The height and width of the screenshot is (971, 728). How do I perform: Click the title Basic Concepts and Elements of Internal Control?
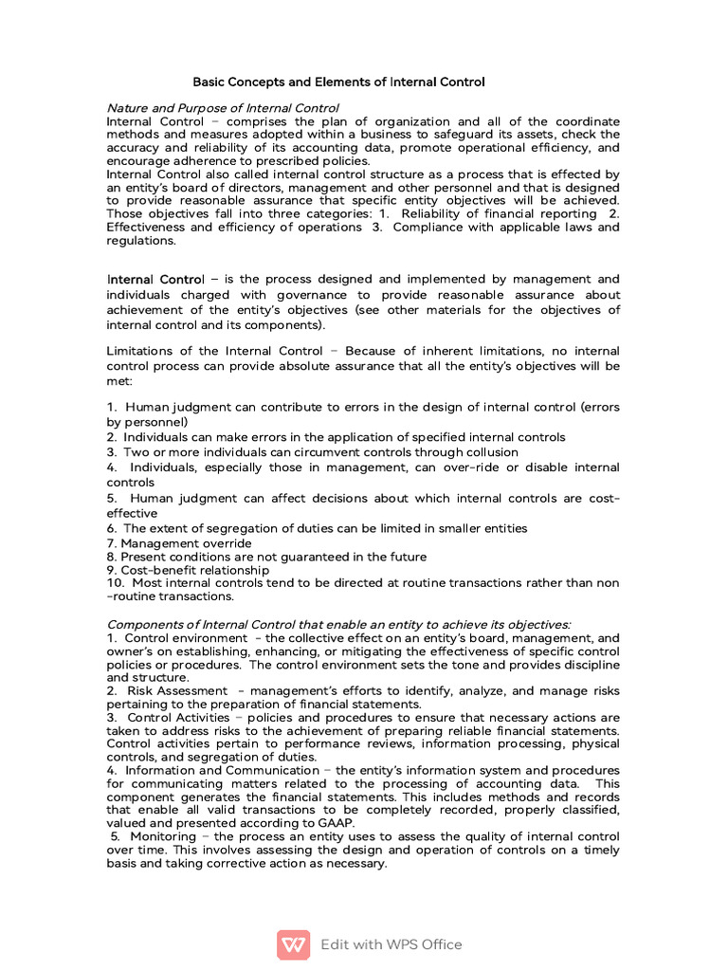coord(339,82)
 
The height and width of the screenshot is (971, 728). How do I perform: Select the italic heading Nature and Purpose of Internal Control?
coord(223,108)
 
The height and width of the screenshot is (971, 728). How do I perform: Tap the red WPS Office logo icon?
coord(294,944)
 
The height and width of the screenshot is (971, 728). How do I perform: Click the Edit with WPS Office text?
coord(391,944)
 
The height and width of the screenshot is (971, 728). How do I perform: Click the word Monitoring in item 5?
coord(163,837)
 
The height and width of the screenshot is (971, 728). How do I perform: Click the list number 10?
coord(114,583)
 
